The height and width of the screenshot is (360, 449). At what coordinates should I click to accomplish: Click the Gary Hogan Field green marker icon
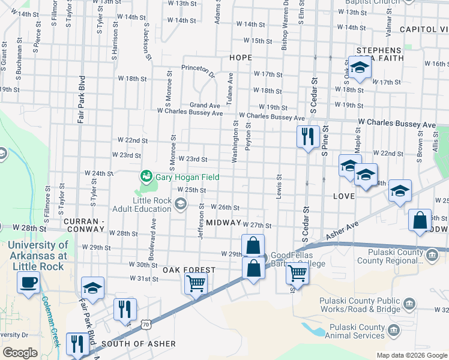tap(146, 176)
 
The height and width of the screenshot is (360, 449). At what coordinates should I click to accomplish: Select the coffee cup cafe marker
tap(28, 283)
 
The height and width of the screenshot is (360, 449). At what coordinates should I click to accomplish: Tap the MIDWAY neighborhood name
tap(223, 223)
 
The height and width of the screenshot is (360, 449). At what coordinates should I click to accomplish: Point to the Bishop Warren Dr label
tap(286, 24)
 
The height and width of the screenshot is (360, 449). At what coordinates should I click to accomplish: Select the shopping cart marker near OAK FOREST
tap(196, 283)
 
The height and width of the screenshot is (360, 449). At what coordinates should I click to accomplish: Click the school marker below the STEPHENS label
tap(360, 68)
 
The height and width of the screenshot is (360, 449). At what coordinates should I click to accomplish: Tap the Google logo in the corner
tap(20, 353)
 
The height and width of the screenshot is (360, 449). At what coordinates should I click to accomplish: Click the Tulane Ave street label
tap(230, 88)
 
